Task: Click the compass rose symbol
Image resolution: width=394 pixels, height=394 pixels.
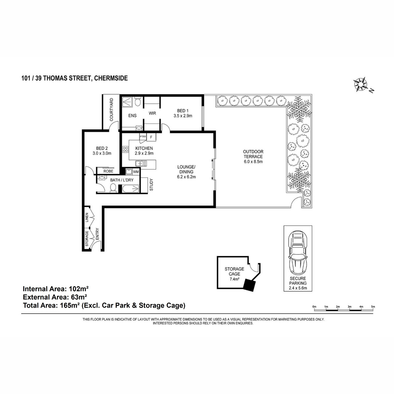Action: coord(360,84)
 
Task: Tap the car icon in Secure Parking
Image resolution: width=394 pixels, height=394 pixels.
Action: coord(298,253)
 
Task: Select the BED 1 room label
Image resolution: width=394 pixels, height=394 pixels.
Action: coord(183,111)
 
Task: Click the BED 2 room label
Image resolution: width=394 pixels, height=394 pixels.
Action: coord(102,148)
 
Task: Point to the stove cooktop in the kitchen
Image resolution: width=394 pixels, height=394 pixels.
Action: coord(125,149)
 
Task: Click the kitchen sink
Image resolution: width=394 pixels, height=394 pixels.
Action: coord(141,164)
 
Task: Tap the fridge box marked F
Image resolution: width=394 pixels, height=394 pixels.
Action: coord(151,137)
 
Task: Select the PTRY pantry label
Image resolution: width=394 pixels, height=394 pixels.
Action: coord(143,136)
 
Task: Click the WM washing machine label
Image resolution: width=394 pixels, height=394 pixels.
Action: coord(136,172)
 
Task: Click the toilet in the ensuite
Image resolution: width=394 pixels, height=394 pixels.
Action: coord(138,101)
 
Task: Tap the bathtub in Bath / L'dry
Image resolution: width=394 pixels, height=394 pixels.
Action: coord(130,188)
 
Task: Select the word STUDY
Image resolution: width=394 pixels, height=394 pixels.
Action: coord(151,185)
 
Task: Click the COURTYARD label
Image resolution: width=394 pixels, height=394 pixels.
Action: coord(111,110)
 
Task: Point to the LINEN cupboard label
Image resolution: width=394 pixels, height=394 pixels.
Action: coord(87,217)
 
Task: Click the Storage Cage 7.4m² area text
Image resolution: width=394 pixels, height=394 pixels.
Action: coord(234,279)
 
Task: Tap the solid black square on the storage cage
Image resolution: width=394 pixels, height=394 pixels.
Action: coord(250,285)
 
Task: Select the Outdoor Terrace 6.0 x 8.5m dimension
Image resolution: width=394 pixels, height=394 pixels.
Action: coord(253,162)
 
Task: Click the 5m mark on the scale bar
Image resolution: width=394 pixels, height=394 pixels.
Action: coord(373,307)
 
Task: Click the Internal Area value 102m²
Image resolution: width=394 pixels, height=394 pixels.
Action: coord(79,289)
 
